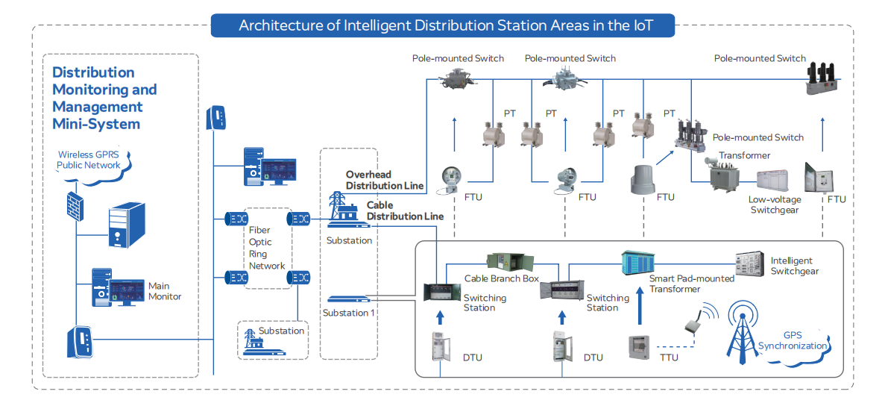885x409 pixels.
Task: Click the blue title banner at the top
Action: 445,25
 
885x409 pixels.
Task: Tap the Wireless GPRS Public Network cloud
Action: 89,160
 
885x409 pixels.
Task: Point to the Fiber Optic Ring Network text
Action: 267,249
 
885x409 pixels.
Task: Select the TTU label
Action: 669,358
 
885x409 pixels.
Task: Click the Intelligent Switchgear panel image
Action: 749,263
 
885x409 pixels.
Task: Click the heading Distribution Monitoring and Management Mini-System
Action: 104,98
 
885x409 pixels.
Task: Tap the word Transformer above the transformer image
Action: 743,155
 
